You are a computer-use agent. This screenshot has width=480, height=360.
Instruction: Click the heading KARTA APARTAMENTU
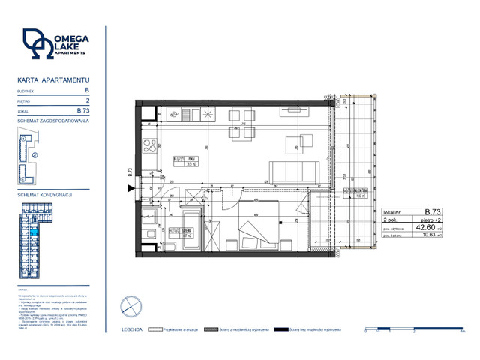pos(53,79)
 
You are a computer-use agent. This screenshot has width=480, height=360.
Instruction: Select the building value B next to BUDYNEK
pos(87,89)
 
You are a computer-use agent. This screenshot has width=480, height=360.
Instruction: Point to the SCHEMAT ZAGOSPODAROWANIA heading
pos(53,120)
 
